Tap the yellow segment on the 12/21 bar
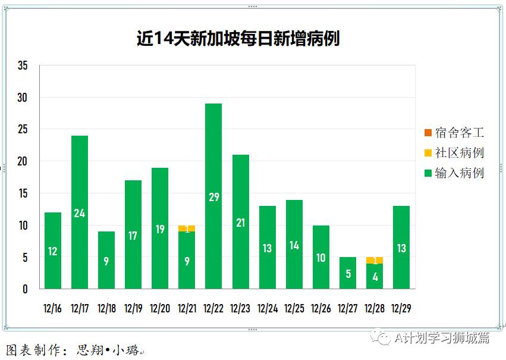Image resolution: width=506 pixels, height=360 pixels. coord(187,228)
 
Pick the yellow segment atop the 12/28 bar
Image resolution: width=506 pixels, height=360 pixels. coord(375,260)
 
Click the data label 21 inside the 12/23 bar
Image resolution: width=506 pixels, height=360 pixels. coord(240,223)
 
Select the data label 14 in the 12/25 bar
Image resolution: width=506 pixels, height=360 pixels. coord(294,245)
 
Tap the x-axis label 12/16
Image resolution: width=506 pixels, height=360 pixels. coord(53,308)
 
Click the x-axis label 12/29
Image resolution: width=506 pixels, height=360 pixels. coord(401,308)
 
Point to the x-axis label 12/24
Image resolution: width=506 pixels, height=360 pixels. coord(268,308)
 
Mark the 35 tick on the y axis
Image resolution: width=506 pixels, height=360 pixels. coord(23,65)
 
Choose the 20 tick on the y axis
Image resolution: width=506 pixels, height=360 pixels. coord(23,162)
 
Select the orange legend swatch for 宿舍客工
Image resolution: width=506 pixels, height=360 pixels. coord(428,132)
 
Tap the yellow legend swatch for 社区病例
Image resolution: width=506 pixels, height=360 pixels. coord(428,153)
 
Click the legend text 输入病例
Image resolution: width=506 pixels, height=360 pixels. coord(459,173)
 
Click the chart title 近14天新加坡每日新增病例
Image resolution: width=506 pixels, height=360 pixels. coord(238,39)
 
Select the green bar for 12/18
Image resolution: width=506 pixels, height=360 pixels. coord(106,260)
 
